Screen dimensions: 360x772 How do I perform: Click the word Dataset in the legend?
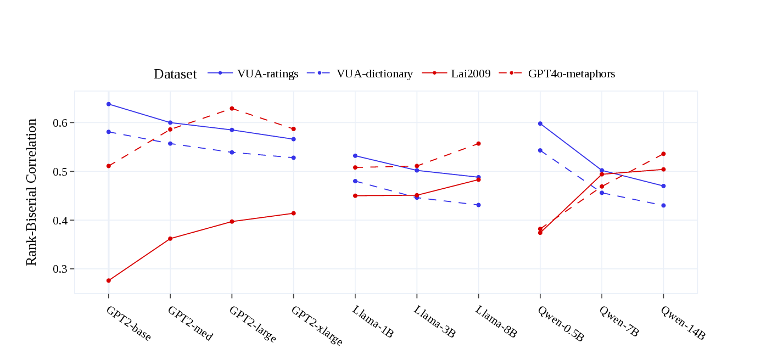175,74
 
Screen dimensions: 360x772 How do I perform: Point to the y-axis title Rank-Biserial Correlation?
32,192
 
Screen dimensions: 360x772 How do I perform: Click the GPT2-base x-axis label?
128,323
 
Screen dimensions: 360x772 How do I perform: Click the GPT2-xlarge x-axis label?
317,326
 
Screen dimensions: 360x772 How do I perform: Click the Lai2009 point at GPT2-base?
109,280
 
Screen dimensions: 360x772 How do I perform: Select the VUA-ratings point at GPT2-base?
109,104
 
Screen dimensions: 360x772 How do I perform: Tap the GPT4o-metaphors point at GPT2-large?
232,108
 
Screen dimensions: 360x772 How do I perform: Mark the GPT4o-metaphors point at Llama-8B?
479,144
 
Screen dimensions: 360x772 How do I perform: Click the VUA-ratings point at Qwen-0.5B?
540,123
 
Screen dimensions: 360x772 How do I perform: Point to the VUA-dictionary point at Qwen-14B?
664,205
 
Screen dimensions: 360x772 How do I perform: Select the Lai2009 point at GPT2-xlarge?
294,213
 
